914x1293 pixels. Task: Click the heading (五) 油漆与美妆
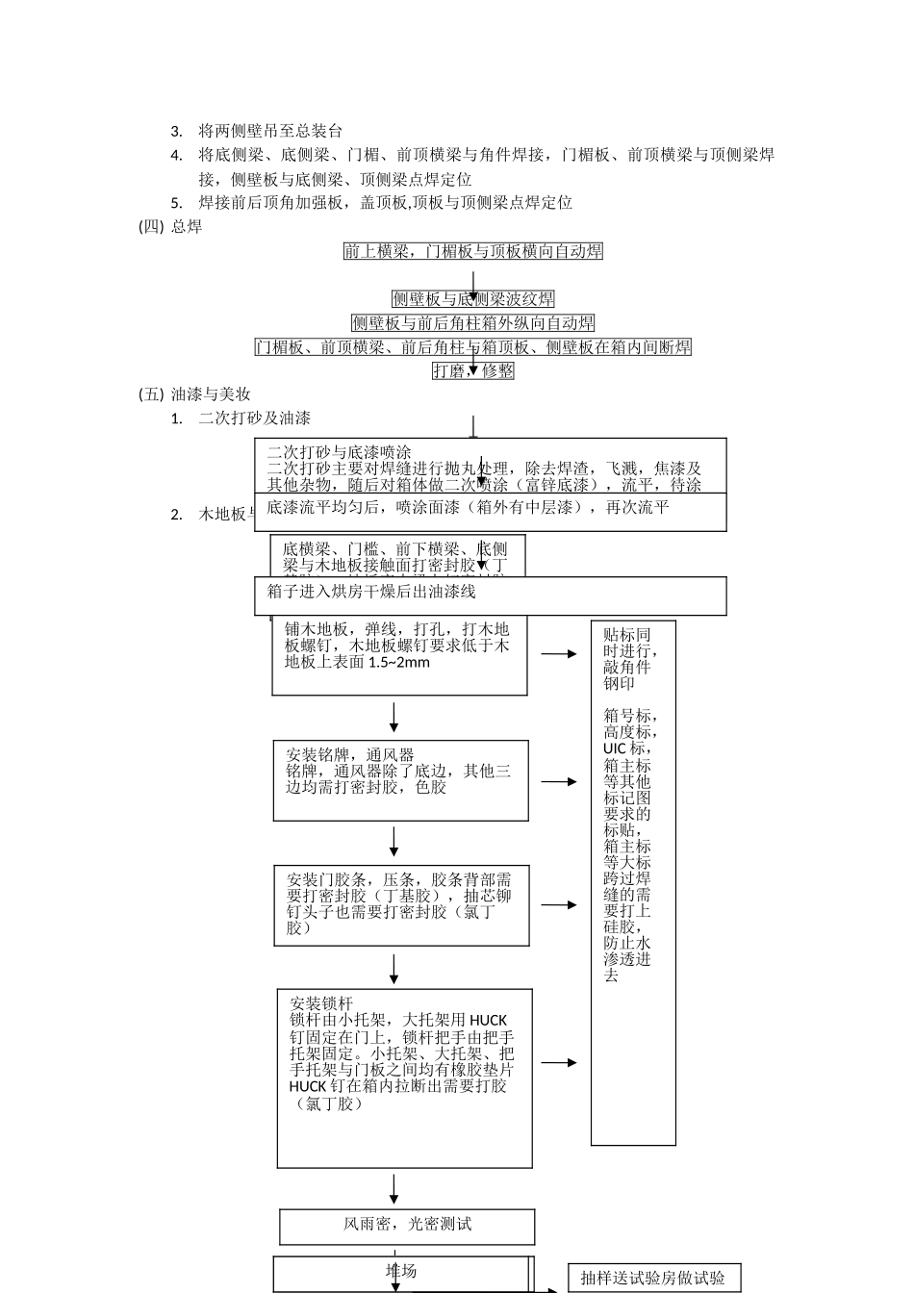coord(195,394)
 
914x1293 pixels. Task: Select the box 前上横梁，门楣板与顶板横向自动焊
coord(473,251)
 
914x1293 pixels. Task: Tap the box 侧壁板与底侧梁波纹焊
coord(473,299)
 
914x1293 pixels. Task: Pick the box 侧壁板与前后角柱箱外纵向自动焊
coord(473,323)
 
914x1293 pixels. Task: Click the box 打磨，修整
coord(473,370)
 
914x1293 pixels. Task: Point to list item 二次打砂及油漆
coord(254,418)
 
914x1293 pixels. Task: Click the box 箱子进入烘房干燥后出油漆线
coord(491,596)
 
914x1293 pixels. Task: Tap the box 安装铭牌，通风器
coord(400,780)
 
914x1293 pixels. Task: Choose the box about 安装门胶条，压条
coord(400,904)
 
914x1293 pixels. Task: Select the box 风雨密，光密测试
coord(407,1226)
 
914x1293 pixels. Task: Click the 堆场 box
coord(402,1273)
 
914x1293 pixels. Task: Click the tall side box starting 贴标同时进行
coord(633,882)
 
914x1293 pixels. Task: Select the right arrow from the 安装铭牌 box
coord(558,782)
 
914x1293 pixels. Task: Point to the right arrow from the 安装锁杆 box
coord(558,1063)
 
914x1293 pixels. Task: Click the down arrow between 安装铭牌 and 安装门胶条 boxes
coord(394,842)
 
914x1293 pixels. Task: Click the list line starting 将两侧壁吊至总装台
coord(269,131)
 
